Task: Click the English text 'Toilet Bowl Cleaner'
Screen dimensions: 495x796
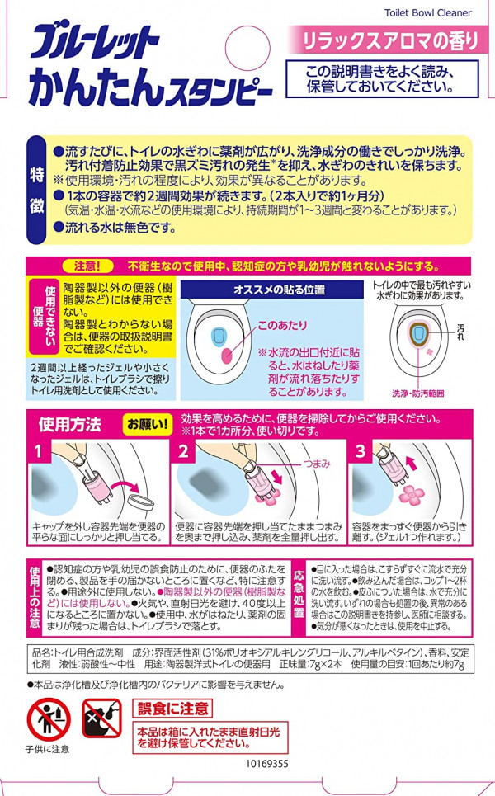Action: (x=427, y=12)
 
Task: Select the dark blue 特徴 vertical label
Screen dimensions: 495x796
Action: (x=37, y=190)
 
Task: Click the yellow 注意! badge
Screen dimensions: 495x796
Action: (x=87, y=266)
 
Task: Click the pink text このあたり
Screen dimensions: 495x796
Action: (x=282, y=325)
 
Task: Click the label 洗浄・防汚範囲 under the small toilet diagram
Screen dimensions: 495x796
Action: (x=417, y=393)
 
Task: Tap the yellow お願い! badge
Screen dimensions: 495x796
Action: (x=147, y=424)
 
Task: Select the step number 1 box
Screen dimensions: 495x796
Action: (x=39, y=451)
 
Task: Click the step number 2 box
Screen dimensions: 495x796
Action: (x=183, y=451)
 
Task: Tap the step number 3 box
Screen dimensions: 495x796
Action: (x=361, y=451)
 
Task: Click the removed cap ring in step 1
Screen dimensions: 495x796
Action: (x=139, y=502)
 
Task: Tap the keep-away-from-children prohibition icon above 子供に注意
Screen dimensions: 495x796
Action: (x=49, y=718)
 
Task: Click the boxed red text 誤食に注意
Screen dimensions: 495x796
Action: (x=172, y=709)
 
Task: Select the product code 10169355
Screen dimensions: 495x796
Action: (x=267, y=764)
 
